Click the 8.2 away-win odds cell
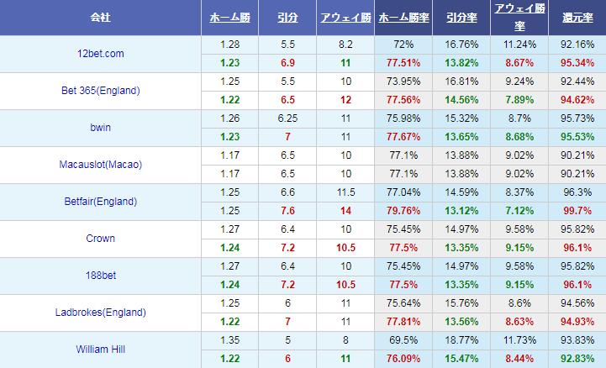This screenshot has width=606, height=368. pos(345,45)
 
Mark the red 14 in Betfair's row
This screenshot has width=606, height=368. pos(345,211)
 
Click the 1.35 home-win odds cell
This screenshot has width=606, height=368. pos(229,340)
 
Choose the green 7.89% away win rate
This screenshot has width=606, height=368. pos(517,100)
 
